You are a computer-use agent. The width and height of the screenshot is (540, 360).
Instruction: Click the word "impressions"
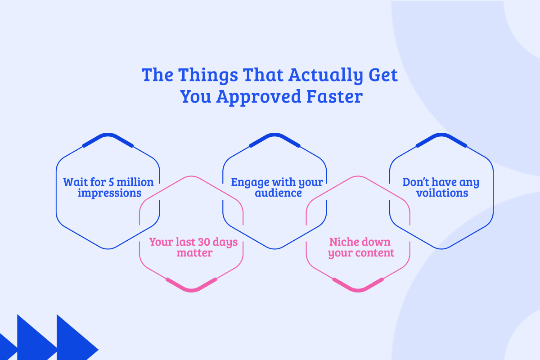[x=110, y=193]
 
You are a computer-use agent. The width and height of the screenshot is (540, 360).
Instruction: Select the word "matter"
[x=194, y=253]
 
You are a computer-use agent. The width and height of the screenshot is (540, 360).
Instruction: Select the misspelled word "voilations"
[x=442, y=193]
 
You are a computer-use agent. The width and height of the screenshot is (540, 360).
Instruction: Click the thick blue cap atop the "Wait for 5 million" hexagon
[x=108, y=138]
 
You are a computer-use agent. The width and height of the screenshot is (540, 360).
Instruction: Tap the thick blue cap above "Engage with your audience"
[x=274, y=138]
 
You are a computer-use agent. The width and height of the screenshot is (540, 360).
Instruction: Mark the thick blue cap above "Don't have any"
[x=441, y=138]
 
